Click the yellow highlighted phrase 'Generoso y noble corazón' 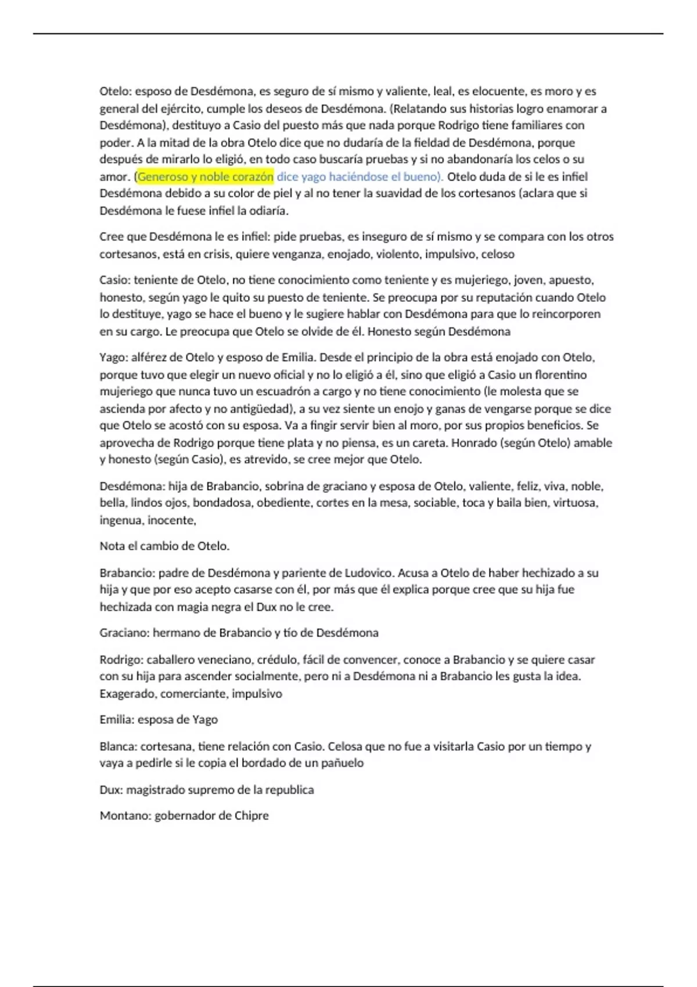(205, 176)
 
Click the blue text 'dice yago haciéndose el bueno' (357, 176)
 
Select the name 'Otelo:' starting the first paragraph (116, 91)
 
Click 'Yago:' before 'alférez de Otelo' (113, 357)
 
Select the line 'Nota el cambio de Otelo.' (164, 546)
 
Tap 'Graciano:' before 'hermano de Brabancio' (125, 632)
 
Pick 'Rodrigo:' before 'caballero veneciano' (121, 660)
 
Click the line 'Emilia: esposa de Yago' (159, 719)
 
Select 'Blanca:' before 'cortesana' (118, 746)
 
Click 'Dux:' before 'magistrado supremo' (112, 790)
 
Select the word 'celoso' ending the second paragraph (497, 254)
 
